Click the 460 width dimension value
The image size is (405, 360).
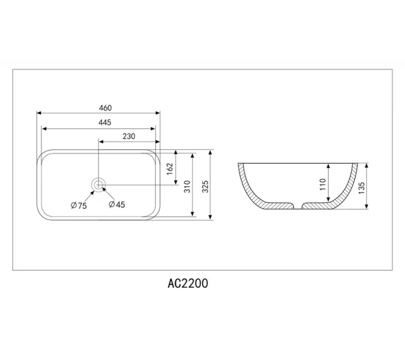(x=105, y=108)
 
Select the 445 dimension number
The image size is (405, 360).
(x=105, y=122)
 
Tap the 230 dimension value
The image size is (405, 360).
(x=128, y=137)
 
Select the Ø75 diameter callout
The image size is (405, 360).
(x=79, y=205)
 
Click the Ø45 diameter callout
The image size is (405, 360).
(x=117, y=205)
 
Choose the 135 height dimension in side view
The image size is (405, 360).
(x=361, y=186)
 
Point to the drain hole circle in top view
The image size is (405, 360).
(x=98, y=185)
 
